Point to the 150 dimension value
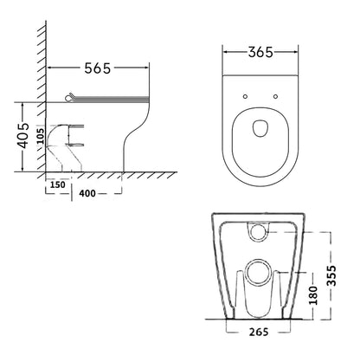(58, 185)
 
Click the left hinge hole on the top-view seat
(244, 94)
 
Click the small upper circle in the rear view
(260, 232)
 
